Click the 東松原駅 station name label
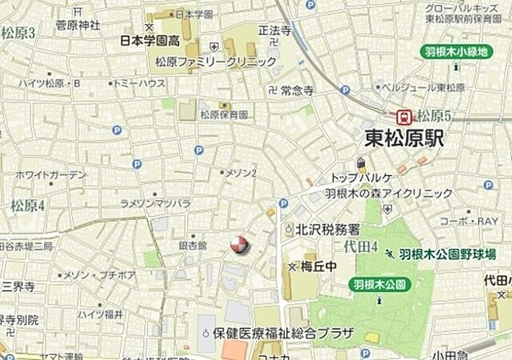[x=403, y=138]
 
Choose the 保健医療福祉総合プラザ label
[x=278, y=331]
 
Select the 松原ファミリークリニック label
[x=216, y=61]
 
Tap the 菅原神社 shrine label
[x=78, y=25]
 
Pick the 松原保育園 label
[x=224, y=114]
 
